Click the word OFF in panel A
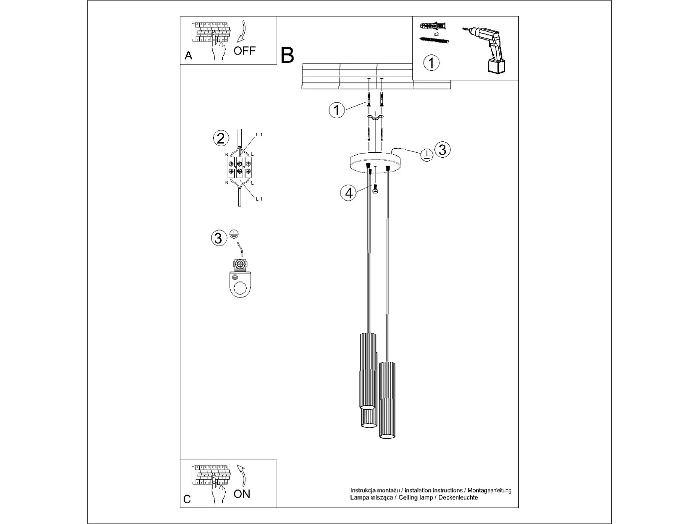(x=245, y=50)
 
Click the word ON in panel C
(x=242, y=494)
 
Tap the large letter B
(x=288, y=55)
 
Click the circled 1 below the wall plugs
(x=431, y=63)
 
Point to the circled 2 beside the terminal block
(x=221, y=138)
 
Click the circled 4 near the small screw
(x=349, y=192)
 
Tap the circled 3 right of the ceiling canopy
(x=442, y=149)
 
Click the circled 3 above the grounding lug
(x=218, y=238)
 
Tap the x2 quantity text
(x=436, y=34)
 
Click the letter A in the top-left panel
(x=188, y=55)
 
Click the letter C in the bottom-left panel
(x=187, y=499)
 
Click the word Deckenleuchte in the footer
(x=458, y=498)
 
